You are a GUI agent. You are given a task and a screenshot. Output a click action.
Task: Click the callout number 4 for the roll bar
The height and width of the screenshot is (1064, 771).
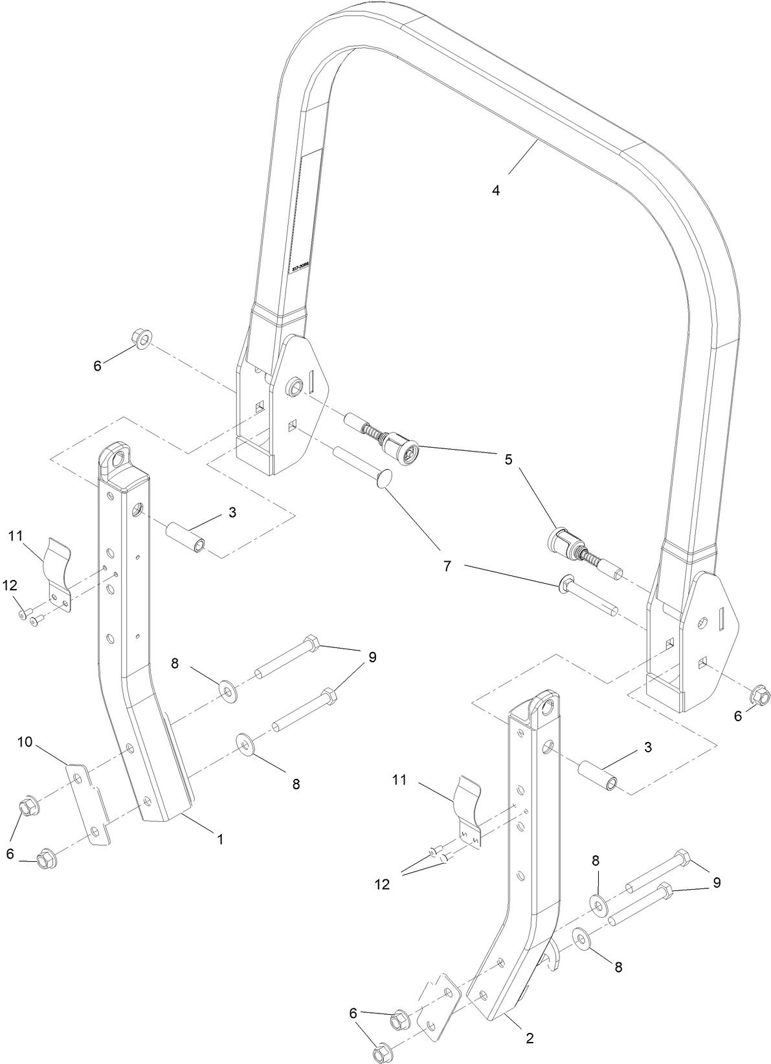tap(495, 191)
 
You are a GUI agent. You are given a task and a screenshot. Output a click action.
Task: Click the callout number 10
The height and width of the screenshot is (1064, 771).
tap(25, 742)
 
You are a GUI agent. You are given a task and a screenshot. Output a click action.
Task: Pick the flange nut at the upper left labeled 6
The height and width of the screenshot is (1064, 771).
tap(141, 338)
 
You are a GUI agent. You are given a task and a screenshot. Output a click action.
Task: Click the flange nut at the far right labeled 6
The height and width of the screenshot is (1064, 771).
tap(759, 698)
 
